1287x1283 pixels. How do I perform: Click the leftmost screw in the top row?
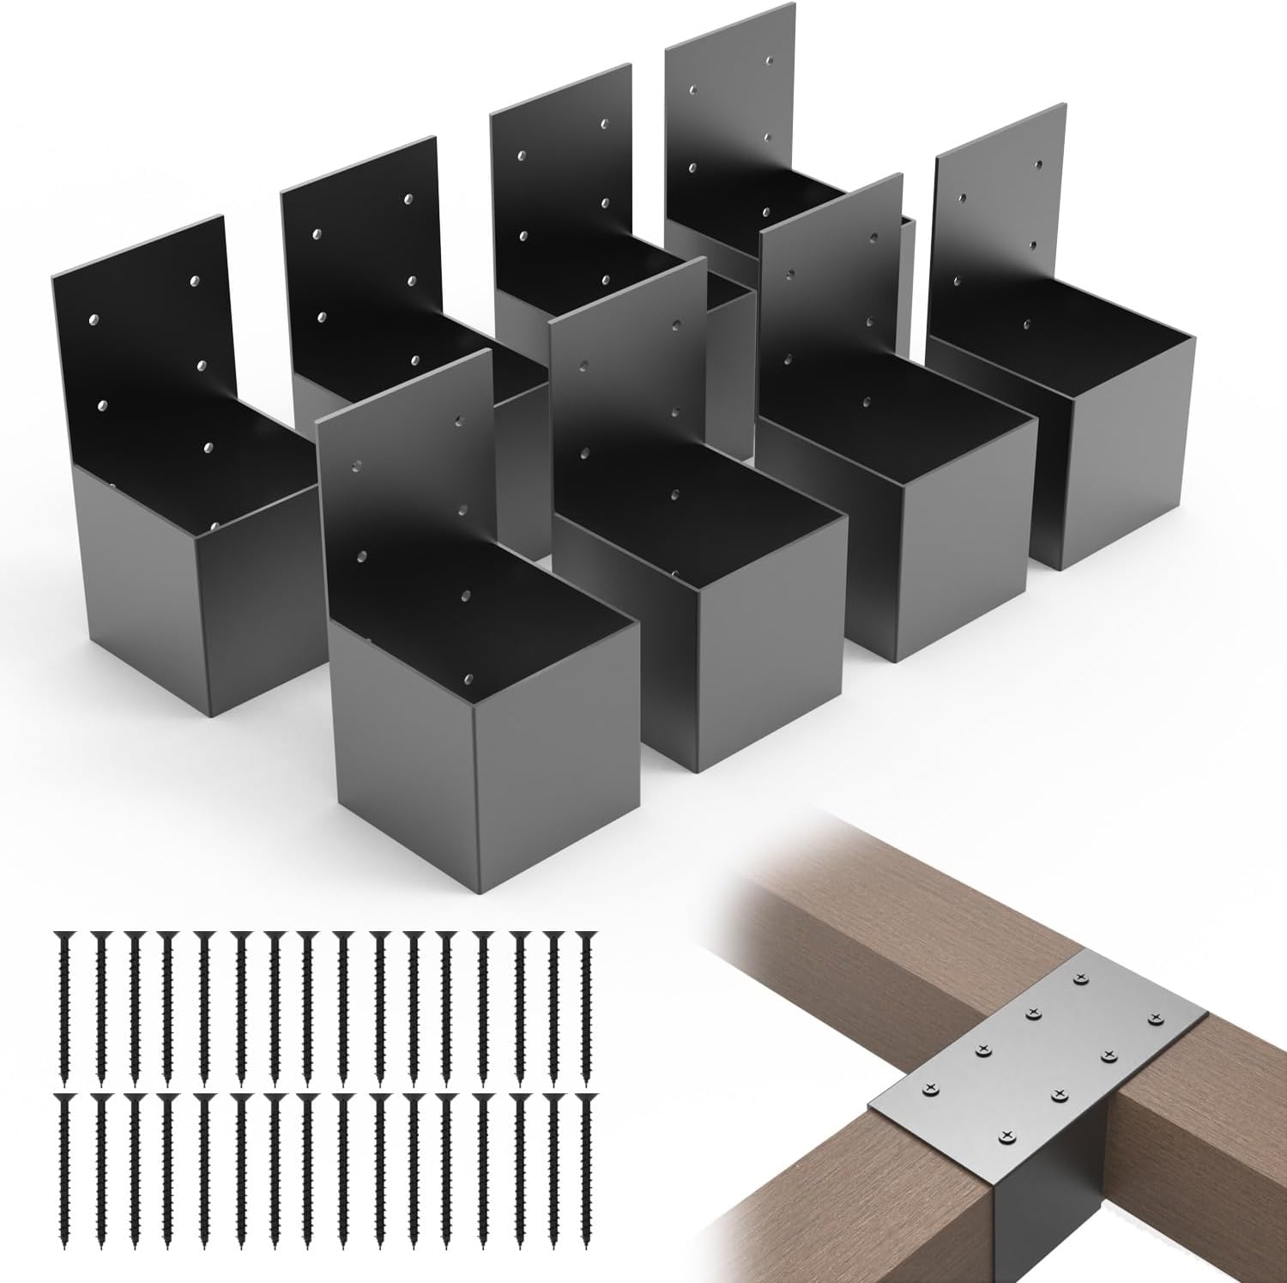[63, 1004]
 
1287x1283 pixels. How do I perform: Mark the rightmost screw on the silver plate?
[1155, 1017]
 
